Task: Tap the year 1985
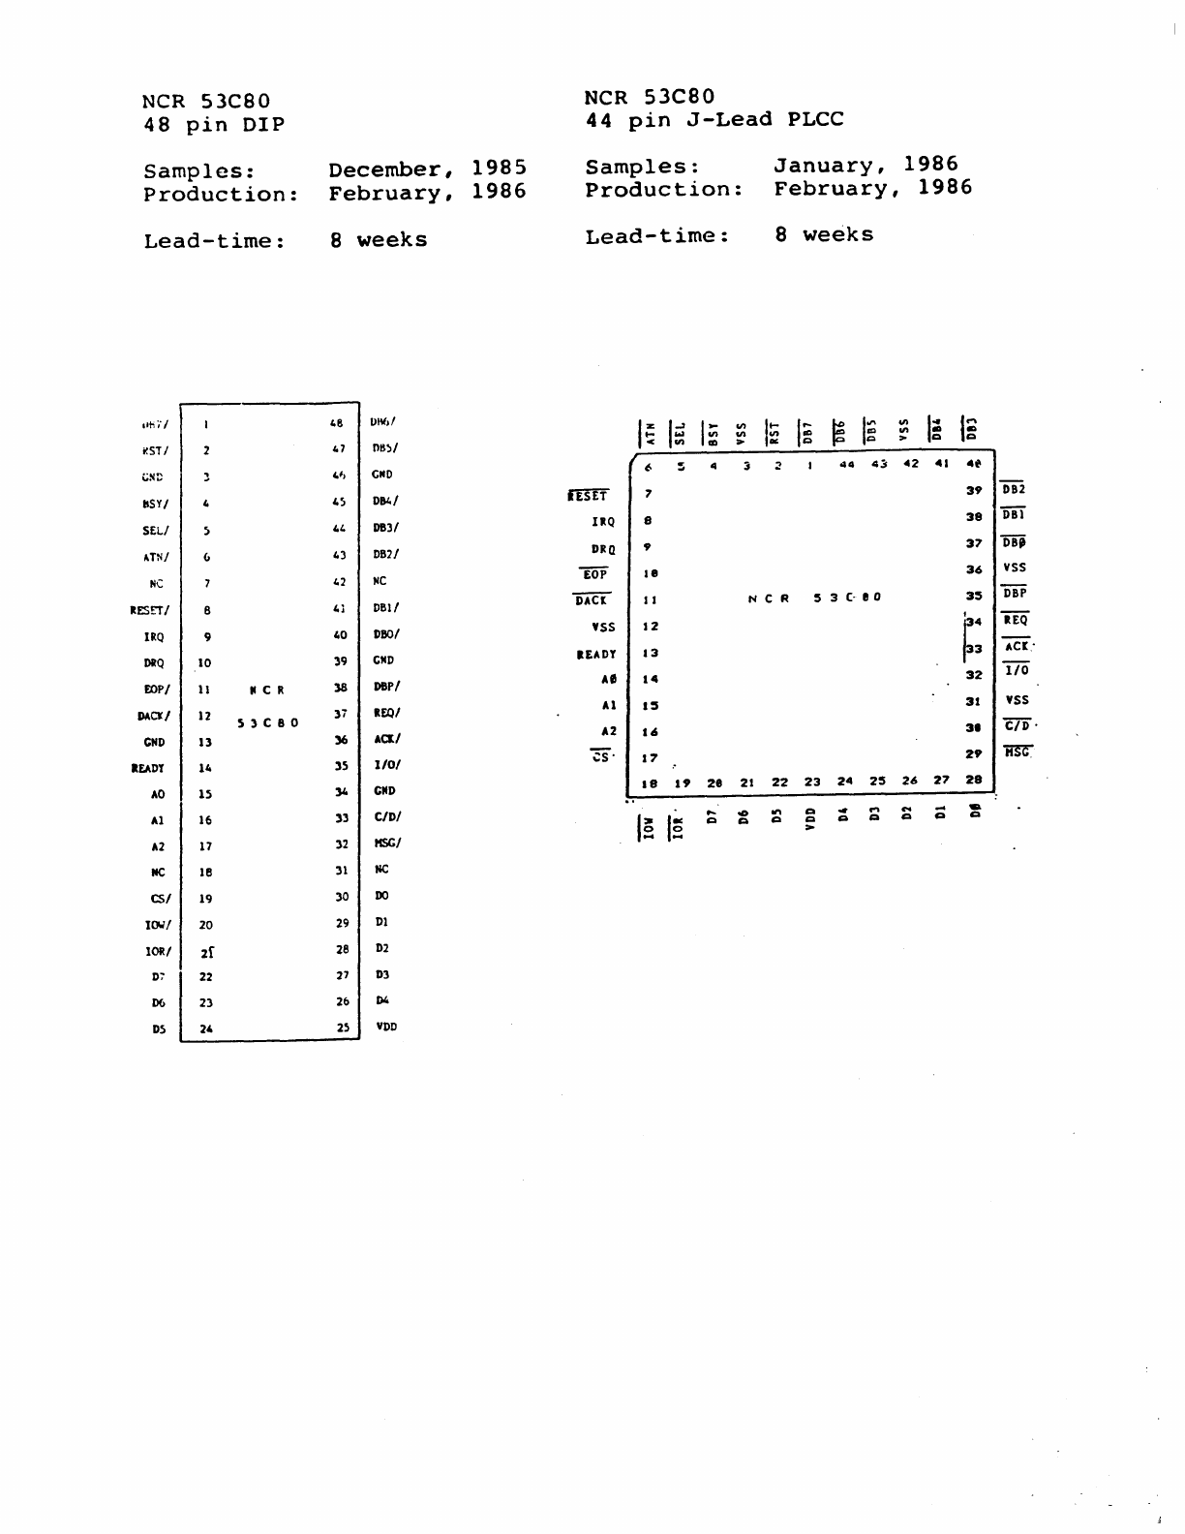coord(500,168)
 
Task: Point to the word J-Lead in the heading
coord(732,120)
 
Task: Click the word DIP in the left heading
coord(263,125)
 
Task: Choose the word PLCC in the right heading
coord(815,119)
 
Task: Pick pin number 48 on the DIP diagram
coord(337,423)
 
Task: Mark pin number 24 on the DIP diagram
coord(206,1029)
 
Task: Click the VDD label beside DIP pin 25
coord(386,1027)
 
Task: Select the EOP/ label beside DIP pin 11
coord(157,690)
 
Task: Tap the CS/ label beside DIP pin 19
coord(161,899)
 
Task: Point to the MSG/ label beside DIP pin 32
coord(387,843)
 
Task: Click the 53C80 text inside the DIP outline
coord(268,723)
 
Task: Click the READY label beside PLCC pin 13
coord(596,655)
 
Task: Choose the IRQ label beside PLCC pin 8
coord(603,522)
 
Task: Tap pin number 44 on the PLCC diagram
coord(847,465)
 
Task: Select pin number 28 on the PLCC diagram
coord(974,780)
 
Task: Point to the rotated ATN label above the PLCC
coord(650,431)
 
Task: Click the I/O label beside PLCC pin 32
coord(1017,670)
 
